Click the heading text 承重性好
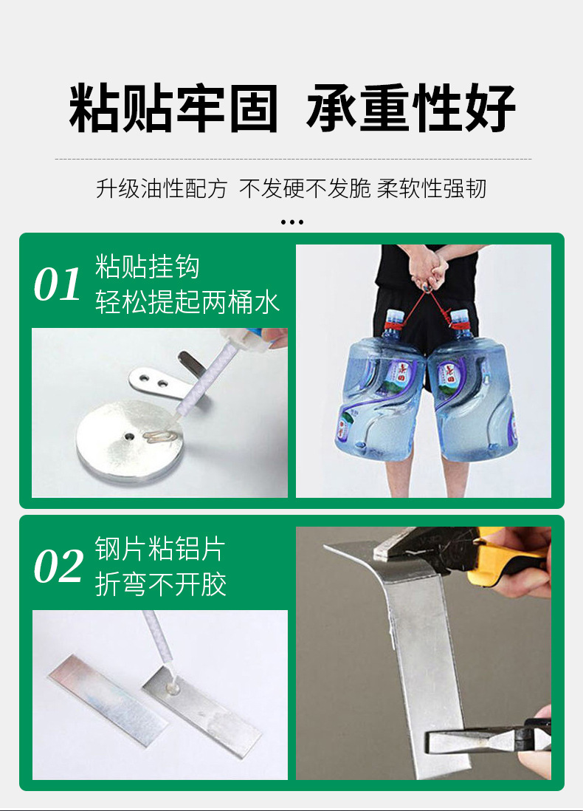tap(411, 109)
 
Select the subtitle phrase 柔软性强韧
tap(432, 188)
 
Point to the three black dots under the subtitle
tap(292, 222)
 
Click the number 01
tap(57, 285)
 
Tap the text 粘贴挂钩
tap(147, 267)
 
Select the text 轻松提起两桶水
tap(187, 301)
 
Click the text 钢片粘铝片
tap(159, 549)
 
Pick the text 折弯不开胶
tap(159, 584)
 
